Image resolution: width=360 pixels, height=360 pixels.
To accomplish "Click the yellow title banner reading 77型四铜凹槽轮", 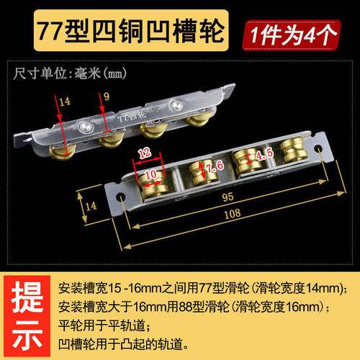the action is point(131,30).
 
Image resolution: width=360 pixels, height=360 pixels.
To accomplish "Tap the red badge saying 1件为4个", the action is point(292,35).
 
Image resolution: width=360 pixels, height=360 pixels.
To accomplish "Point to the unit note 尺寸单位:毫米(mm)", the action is point(70,73).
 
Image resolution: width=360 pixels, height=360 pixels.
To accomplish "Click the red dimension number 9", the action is point(107,96).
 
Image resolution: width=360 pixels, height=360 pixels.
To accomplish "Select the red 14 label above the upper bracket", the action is point(65,102).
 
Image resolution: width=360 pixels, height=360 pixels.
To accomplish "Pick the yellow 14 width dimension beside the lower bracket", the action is point(91,206).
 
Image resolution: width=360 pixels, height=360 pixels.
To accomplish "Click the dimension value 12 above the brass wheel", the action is point(145,153).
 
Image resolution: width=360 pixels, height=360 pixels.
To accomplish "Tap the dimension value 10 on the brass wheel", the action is point(150,174).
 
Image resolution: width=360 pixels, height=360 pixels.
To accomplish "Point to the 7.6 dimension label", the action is point(215,166).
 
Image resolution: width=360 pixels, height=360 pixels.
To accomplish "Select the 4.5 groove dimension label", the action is point(264,154).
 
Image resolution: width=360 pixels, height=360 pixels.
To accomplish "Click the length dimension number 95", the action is point(228,197).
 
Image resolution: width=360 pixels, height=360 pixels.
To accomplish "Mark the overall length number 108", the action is point(233,213).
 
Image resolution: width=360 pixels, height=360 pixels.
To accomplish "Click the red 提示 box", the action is point(27,316).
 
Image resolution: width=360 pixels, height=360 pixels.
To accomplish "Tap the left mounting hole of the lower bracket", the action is point(121,197).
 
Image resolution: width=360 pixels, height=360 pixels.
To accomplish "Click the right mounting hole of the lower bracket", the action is point(318,147).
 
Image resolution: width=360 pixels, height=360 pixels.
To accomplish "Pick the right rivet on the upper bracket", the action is point(176,105).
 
